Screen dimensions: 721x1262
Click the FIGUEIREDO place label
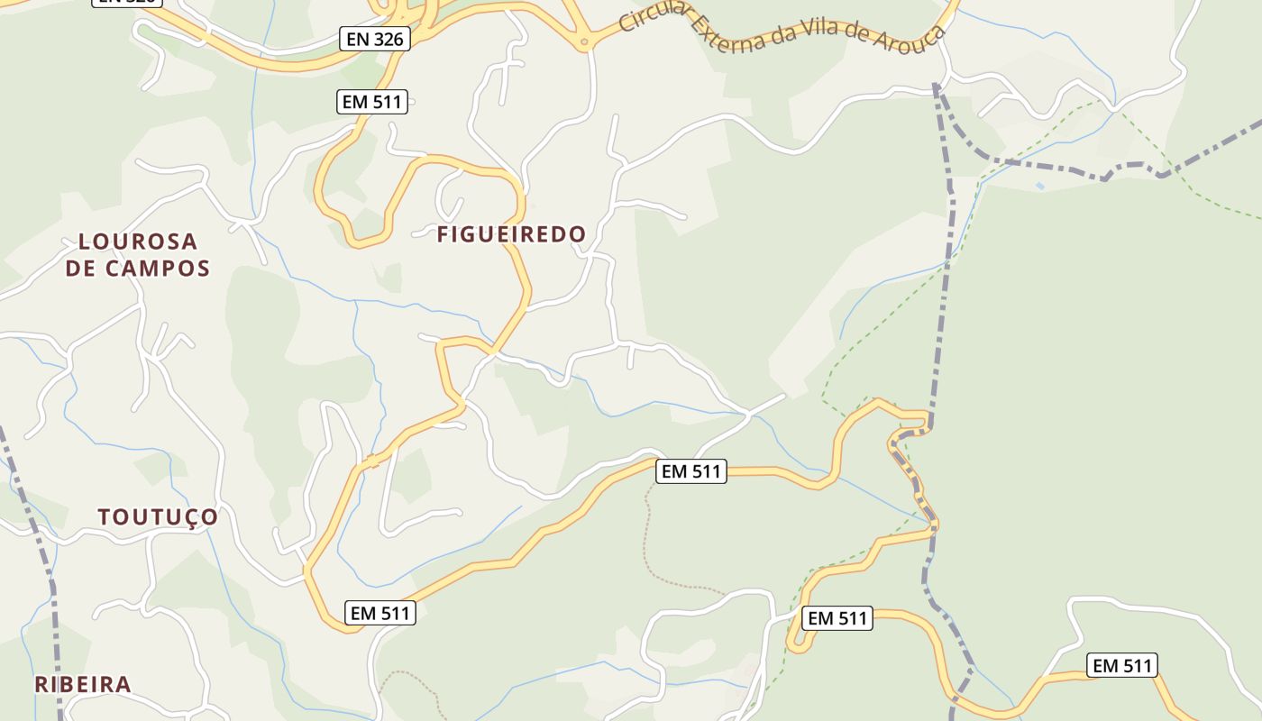tap(511, 234)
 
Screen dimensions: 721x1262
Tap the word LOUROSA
tap(138, 242)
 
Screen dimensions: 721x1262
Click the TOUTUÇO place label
tap(158, 517)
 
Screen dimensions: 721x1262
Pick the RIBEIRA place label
tap(83, 684)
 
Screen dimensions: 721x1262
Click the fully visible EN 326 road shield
tap(375, 39)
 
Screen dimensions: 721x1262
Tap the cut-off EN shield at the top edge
tap(127, 2)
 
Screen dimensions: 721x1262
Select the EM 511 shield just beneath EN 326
tap(372, 102)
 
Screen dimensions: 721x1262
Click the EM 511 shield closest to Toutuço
tap(380, 614)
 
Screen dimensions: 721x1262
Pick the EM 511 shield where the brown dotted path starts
tap(690, 470)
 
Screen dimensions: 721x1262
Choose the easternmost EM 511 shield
tap(1121, 666)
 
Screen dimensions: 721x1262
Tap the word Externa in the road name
tap(731, 34)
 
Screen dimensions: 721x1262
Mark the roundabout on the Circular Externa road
tap(584, 41)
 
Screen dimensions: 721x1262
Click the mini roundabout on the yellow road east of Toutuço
tap(371, 461)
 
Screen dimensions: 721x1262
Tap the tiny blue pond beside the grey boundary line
tap(1041, 186)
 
